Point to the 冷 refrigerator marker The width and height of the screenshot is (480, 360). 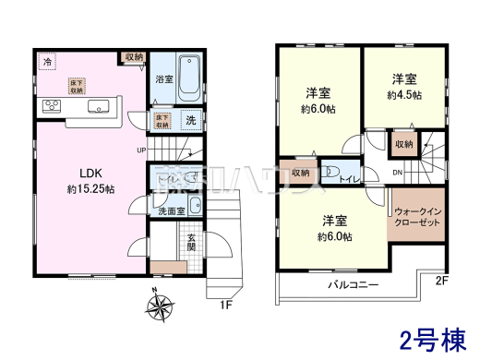(46, 61)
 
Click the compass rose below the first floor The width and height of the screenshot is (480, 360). (159, 306)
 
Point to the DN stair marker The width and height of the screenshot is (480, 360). (398, 172)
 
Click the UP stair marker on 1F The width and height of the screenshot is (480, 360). (142, 151)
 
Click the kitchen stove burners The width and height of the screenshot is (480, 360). (48, 107)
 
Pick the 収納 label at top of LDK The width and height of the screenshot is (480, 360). (133, 57)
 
